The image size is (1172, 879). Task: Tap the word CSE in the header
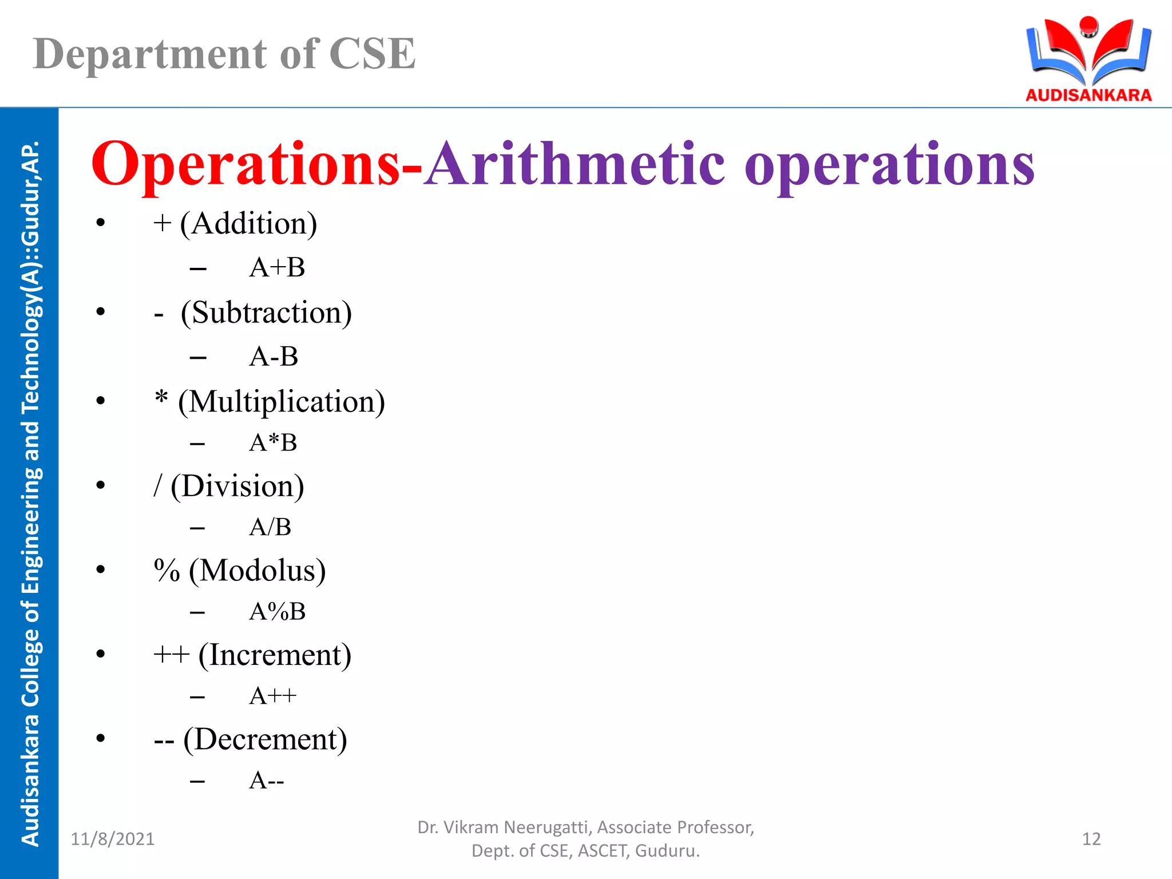pyautogui.click(x=372, y=54)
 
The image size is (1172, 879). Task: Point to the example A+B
pyautogui.click(x=277, y=267)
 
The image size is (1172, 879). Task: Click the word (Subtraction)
pyautogui.click(x=266, y=313)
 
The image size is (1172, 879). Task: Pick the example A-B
pyautogui.click(x=274, y=357)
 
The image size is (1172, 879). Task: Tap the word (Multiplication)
pyautogui.click(x=281, y=402)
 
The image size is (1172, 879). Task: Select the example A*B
pyautogui.click(x=273, y=442)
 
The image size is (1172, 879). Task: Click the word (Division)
pyautogui.click(x=237, y=486)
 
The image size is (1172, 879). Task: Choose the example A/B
pyautogui.click(x=270, y=527)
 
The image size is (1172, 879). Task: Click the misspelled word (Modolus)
pyautogui.click(x=257, y=571)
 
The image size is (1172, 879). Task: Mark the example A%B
pyautogui.click(x=277, y=612)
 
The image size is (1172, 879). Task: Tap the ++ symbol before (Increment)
pyautogui.click(x=171, y=655)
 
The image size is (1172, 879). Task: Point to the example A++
pyautogui.click(x=272, y=696)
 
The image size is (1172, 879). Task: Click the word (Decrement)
pyautogui.click(x=265, y=739)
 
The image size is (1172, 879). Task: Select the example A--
pyautogui.click(x=266, y=781)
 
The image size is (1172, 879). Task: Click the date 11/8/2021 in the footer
pyautogui.click(x=113, y=839)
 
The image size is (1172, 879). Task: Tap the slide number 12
pyautogui.click(x=1091, y=839)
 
